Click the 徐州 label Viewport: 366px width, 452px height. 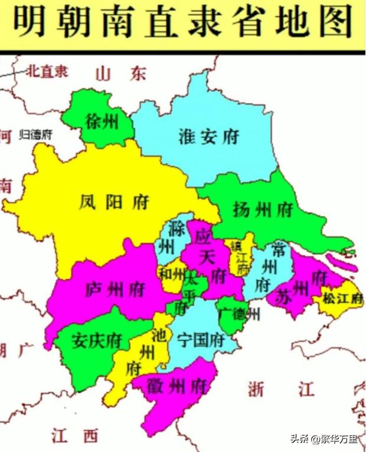(x=101, y=123)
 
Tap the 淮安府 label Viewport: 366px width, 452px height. (x=208, y=137)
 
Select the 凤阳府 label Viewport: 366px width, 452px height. (x=113, y=203)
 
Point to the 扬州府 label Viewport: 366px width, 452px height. (x=263, y=209)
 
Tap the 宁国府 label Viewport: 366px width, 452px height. (x=201, y=340)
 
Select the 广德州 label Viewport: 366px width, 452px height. (x=238, y=314)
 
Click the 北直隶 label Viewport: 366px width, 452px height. (x=47, y=71)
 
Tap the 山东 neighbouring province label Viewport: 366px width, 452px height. (x=120, y=73)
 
